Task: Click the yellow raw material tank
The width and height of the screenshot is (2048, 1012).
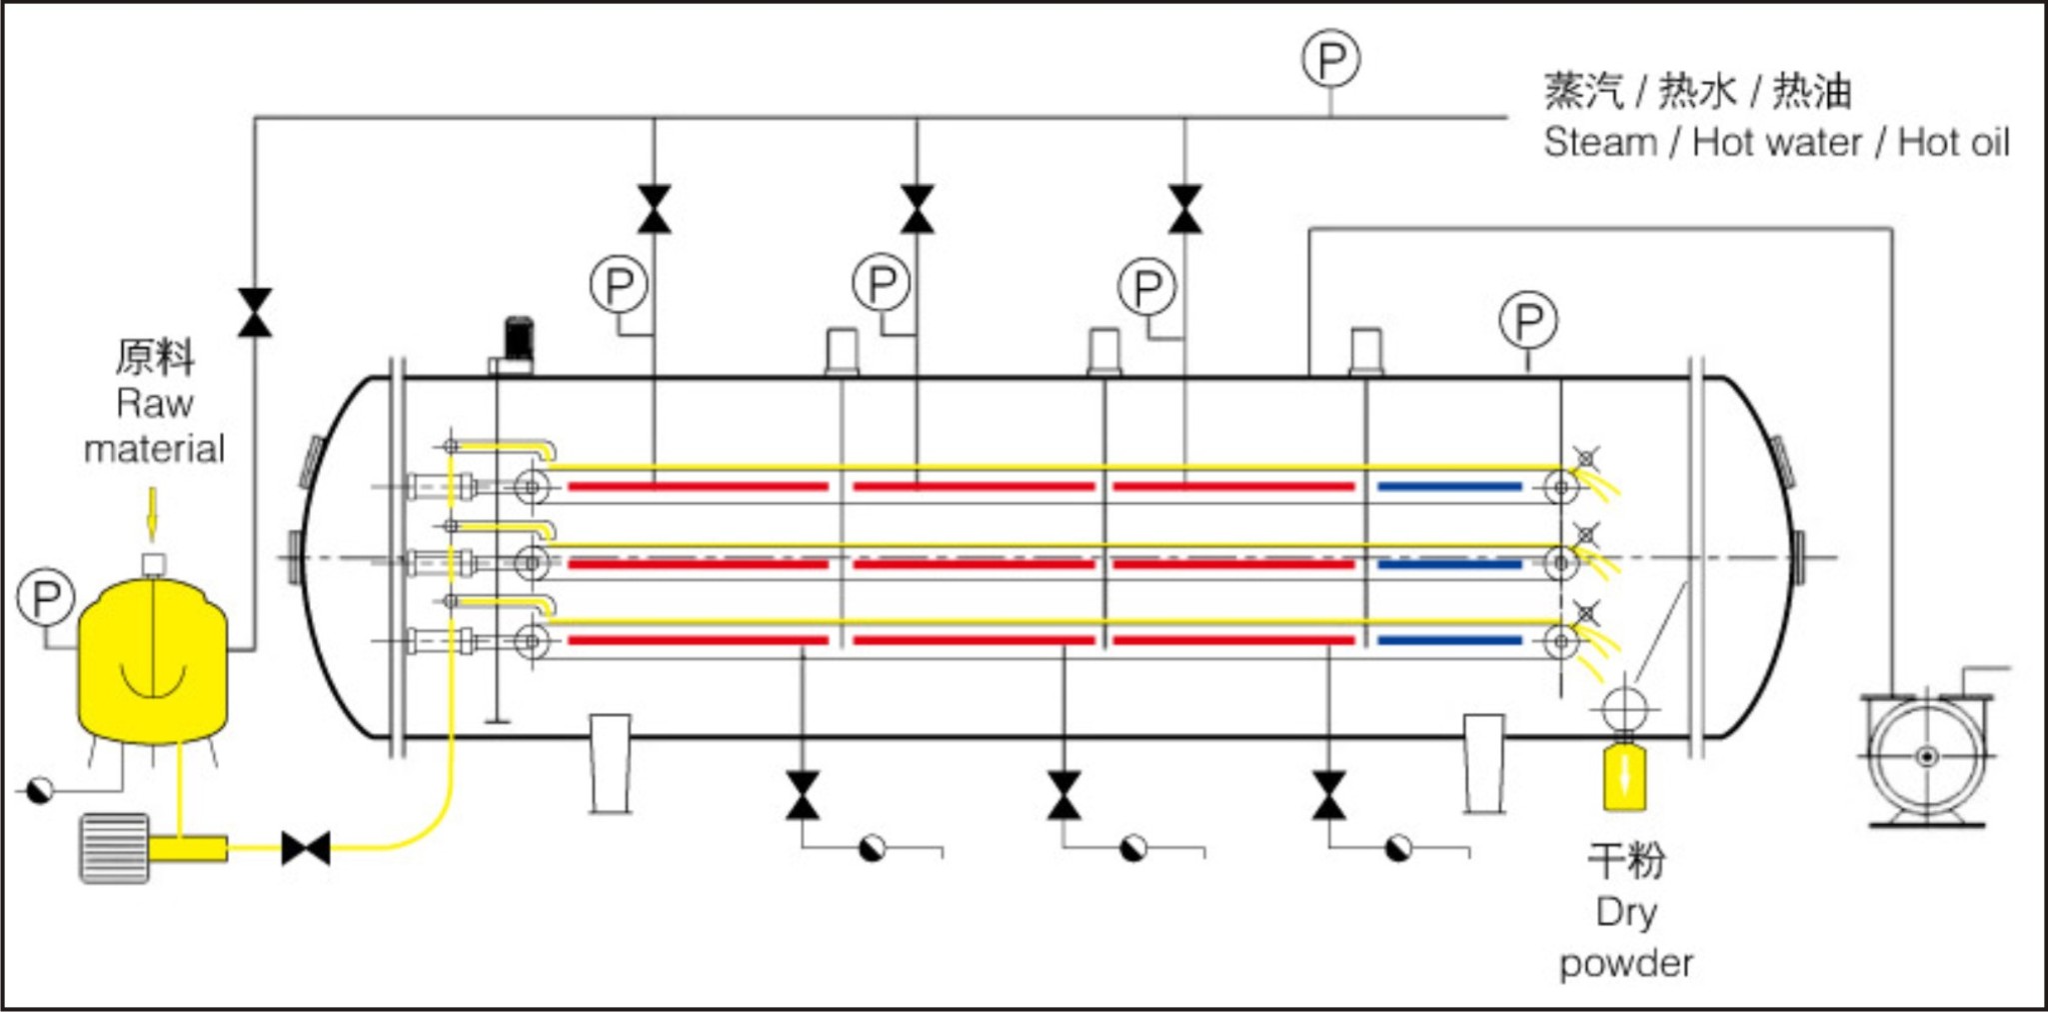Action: tap(153, 660)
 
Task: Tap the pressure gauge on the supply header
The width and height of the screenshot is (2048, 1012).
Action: tap(1330, 60)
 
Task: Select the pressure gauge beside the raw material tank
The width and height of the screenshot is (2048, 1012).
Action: tap(46, 597)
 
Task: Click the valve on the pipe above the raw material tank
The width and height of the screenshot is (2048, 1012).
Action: tap(255, 313)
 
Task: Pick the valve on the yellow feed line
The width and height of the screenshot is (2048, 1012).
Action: tap(306, 848)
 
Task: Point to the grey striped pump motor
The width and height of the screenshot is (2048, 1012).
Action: tap(114, 848)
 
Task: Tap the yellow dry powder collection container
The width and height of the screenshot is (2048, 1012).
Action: tap(1624, 776)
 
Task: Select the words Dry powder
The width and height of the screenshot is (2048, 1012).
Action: tap(1626, 937)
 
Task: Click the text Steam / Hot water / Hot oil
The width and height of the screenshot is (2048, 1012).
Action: tap(1775, 142)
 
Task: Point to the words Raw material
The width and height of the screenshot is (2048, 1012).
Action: tap(154, 426)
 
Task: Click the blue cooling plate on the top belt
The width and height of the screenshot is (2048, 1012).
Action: tap(1449, 487)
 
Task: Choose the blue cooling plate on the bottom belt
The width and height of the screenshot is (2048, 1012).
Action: tap(1449, 640)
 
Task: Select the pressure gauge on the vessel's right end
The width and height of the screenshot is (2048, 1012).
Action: tap(1528, 321)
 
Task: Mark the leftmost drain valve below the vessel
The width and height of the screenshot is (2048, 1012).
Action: tap(802, 795)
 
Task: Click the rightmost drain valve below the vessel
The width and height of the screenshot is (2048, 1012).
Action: tap(1328, 795)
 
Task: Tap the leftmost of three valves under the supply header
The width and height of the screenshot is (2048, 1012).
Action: tap(655, 209)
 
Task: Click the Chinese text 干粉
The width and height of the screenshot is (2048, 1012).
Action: tap(1626, 860)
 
